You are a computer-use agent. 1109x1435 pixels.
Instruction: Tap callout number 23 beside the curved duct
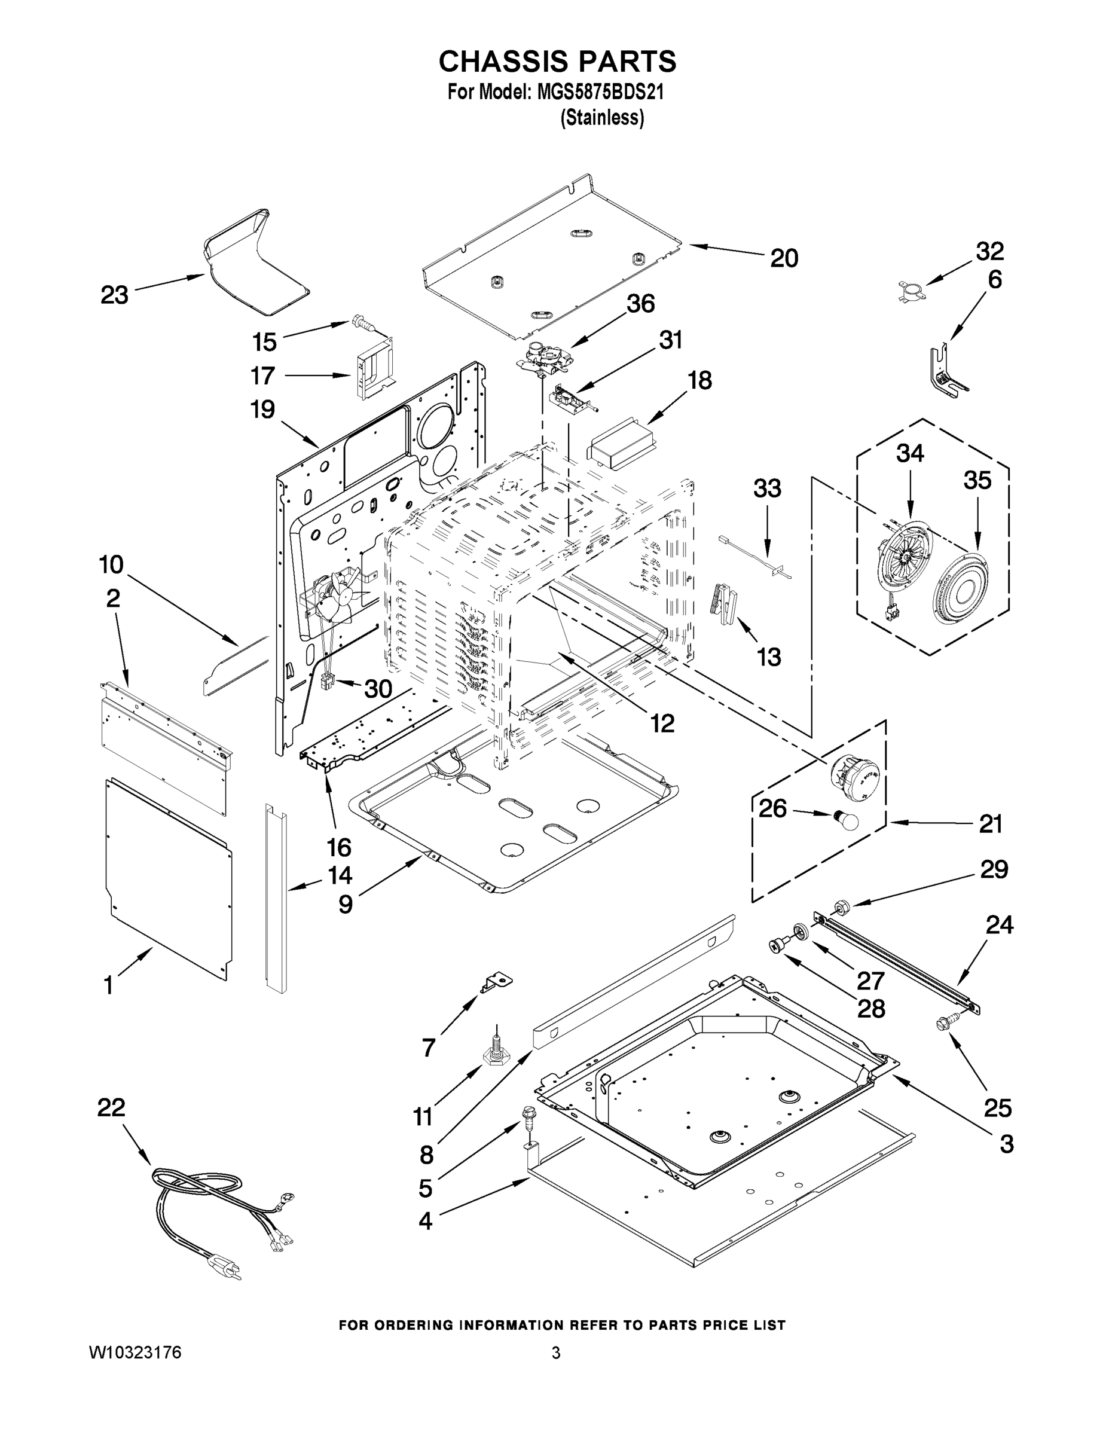pyautogui.click(x=114, y=295)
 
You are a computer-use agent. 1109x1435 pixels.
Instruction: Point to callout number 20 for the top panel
pyautogui.click(x=784, y=258)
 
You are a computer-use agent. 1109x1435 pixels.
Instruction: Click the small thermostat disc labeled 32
pyautogui.click(x=909, y=290)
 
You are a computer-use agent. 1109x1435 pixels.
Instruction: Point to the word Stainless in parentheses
pyautogui.click(x=602, y=118)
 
